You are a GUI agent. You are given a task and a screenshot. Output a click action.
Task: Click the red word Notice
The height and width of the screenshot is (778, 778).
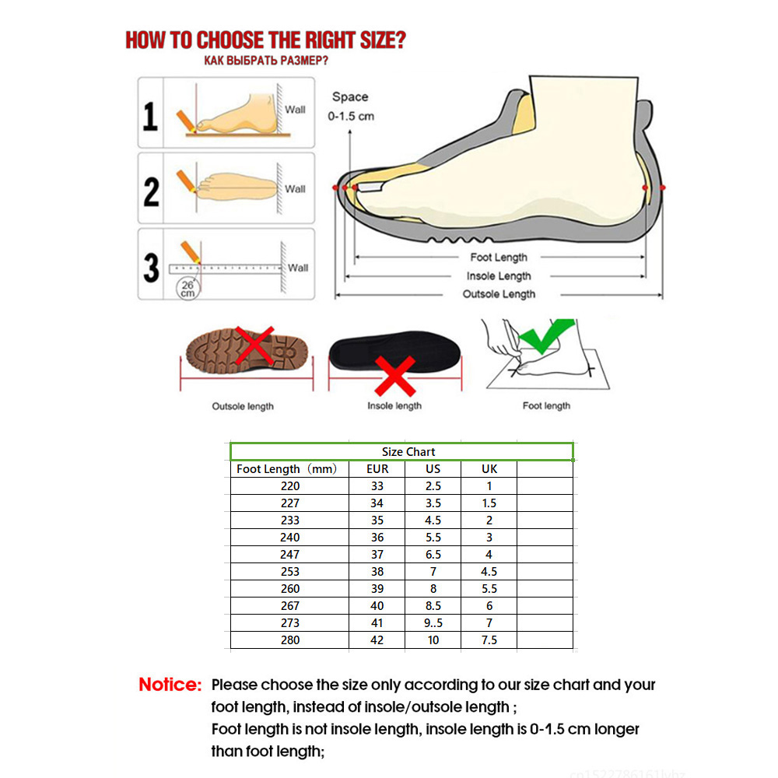pos(170,685)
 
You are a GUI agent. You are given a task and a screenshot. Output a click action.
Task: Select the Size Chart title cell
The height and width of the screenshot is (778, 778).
pos(408,452)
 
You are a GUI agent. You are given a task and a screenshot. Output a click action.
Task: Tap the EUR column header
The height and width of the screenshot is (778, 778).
pos(377,469)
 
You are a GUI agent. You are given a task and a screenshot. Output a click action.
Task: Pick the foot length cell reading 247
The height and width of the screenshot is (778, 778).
pos(290,555)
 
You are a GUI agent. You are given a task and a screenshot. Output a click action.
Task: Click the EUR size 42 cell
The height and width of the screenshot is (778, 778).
pos(377,640)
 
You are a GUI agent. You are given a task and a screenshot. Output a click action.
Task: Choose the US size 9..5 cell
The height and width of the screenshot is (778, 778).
pos(433,623)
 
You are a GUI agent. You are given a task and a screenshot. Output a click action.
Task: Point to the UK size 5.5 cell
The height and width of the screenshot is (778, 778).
pos(489,589)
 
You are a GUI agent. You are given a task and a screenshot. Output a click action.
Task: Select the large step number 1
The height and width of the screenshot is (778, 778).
pos(150,115)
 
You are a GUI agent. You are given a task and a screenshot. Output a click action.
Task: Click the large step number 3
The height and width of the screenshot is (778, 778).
pos(151,267)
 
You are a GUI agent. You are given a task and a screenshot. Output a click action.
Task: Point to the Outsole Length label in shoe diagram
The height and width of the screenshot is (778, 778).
pos(499,294)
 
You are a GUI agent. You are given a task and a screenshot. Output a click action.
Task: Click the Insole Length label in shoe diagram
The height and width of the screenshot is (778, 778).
pos(499,276)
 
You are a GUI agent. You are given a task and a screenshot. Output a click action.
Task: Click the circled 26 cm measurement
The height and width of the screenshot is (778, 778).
pos(187,289)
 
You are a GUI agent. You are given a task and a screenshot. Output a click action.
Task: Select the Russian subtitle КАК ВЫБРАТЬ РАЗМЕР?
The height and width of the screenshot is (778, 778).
pos(265,61)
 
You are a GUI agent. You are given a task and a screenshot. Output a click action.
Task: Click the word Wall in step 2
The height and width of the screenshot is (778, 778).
pos(295,188)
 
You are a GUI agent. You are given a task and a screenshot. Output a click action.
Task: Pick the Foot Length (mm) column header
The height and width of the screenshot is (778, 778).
pos(286,469)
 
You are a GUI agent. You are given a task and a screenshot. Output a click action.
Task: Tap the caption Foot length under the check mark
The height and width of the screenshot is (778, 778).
pos(546,405)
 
